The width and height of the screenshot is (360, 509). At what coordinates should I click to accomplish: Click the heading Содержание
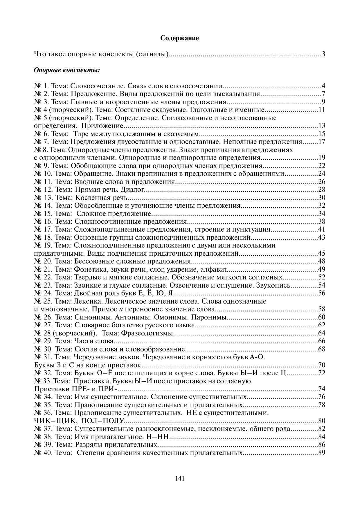point(180,38)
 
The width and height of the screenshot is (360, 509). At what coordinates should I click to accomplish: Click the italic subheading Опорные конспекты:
point(67,70)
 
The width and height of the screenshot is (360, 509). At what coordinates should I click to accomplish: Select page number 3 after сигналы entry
point(323,54)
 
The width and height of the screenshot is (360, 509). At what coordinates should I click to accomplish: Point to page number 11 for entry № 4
point(322,110)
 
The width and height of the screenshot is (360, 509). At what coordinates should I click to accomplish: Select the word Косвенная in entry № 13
point(93,198)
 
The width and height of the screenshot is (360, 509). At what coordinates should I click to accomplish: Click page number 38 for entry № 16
point(322,222)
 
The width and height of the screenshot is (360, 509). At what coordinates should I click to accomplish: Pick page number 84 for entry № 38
point(322,437)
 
